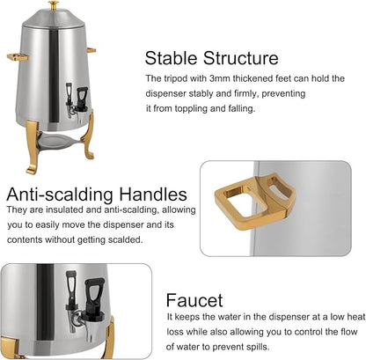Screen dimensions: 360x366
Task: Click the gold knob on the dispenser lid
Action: point(52,5)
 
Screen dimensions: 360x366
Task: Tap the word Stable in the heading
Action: point(173,60)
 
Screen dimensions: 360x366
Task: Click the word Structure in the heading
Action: point(240,60)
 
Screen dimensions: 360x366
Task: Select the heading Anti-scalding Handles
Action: point(97,194)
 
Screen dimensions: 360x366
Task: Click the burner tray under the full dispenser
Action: point(57,150)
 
